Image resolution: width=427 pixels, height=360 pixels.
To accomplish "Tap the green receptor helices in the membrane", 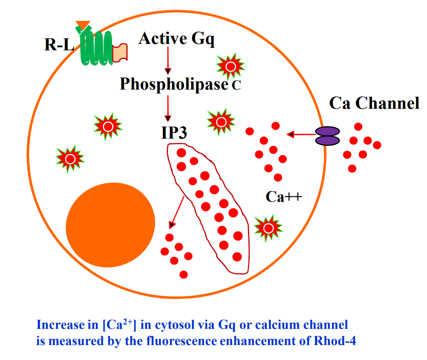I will (x=95, y=47).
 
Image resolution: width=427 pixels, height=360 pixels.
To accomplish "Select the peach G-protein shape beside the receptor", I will (x=120, y=52).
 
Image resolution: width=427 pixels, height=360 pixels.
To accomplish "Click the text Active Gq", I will (x=176, y=39).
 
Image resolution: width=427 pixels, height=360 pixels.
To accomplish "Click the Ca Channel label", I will (x=374, y=103).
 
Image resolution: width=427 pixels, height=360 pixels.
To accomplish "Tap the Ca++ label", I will (x=284, y=196).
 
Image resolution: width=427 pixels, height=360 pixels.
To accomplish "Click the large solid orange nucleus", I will (x=110, y=224).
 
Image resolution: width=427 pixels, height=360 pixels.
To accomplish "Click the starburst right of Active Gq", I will (x=231, y=66).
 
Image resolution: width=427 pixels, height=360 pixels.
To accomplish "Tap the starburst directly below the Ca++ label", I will (x=268, y=228).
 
